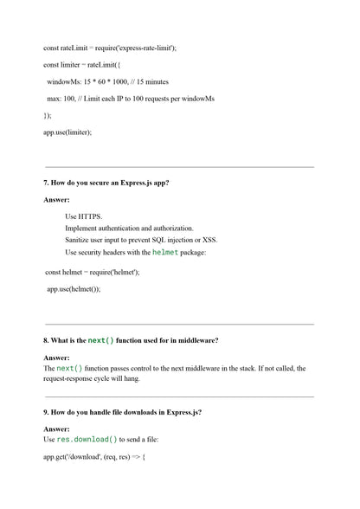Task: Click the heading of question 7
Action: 106,183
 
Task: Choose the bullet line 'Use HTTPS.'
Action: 83,216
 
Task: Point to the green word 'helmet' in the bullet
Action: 166,252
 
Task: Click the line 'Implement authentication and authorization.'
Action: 129,228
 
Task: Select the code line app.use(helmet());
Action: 74,288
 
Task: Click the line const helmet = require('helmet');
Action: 93,272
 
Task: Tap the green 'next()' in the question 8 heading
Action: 101,340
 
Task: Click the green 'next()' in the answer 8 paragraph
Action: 70,368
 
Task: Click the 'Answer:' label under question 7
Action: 56,199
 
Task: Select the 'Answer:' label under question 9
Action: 56,428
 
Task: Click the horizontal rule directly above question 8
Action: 179,324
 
